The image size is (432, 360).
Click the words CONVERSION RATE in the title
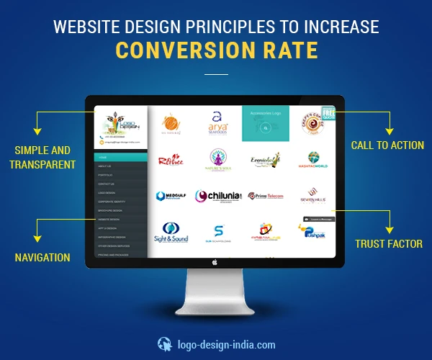click(x=215, y=50)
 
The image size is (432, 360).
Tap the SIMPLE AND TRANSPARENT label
click(x=42, y=158)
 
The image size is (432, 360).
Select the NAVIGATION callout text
click(x=42, y=257)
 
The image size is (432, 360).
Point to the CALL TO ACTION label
click(x=387, y=145)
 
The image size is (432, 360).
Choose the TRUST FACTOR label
click(x=389, y=244)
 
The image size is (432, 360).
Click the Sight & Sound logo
click(x=170, y=233)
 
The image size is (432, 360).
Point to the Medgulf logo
click(x=171, y=196)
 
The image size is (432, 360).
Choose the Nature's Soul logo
click(x=218, y=159)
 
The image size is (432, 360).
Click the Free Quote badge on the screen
click(x=329, y=113)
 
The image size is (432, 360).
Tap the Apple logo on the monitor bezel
click(x=215, y=263)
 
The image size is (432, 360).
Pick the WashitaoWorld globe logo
click(x=314, y=159)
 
